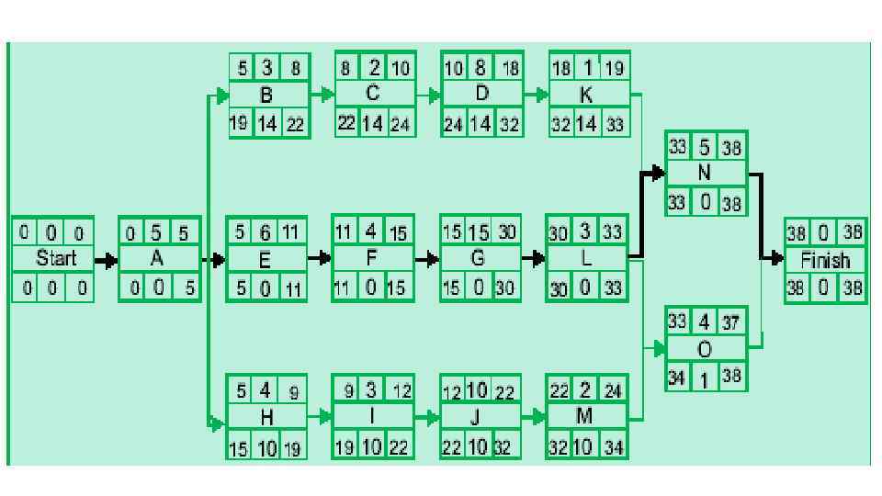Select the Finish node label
(x=825, y=260)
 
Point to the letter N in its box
(x=705, y=172)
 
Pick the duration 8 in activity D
(x=481, y=67)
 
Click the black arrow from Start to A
(x=106, y=260)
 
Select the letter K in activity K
(x=587, y=95)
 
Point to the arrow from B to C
(x=322, y=94)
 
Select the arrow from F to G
(x=428, y=260)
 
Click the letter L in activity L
(x=586, y=259)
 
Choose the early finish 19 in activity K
(x=614, y=67)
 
